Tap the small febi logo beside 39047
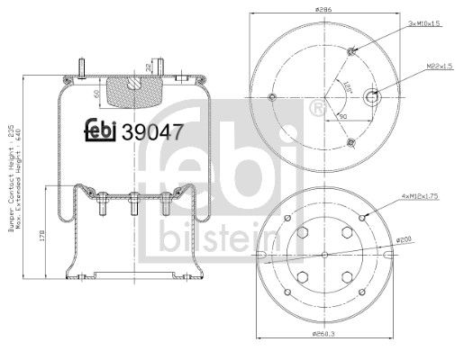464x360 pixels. point(102,130)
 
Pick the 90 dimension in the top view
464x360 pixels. point(343,115)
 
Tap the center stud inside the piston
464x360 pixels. point(132,203)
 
